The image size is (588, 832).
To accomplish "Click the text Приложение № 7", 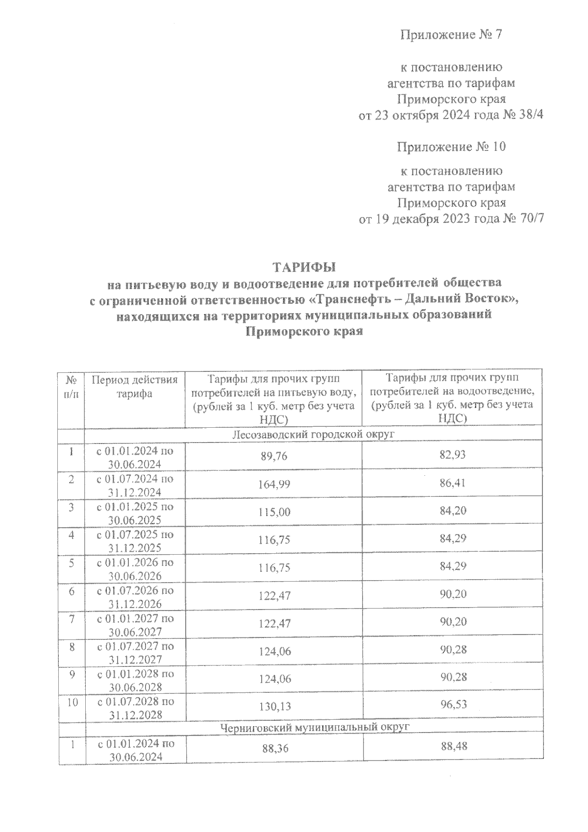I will click(x=451, y=35).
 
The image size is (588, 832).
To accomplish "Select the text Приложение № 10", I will click(x=451, y=147).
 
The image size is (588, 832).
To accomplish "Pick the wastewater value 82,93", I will click(x=452, y=455).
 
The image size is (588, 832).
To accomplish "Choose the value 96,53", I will click(x=453, y=705).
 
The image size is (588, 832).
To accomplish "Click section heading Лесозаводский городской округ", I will click(x=314, y=434).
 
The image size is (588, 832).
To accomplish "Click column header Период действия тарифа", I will click(x=134, y=387).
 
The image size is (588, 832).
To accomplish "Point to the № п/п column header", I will click(x=72, y=387).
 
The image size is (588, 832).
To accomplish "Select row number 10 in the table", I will click(x=72, y=702).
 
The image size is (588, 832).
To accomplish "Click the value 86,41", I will click(x=452, y=483).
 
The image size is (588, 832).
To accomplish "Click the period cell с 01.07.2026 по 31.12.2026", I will click(x=136, y=597).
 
